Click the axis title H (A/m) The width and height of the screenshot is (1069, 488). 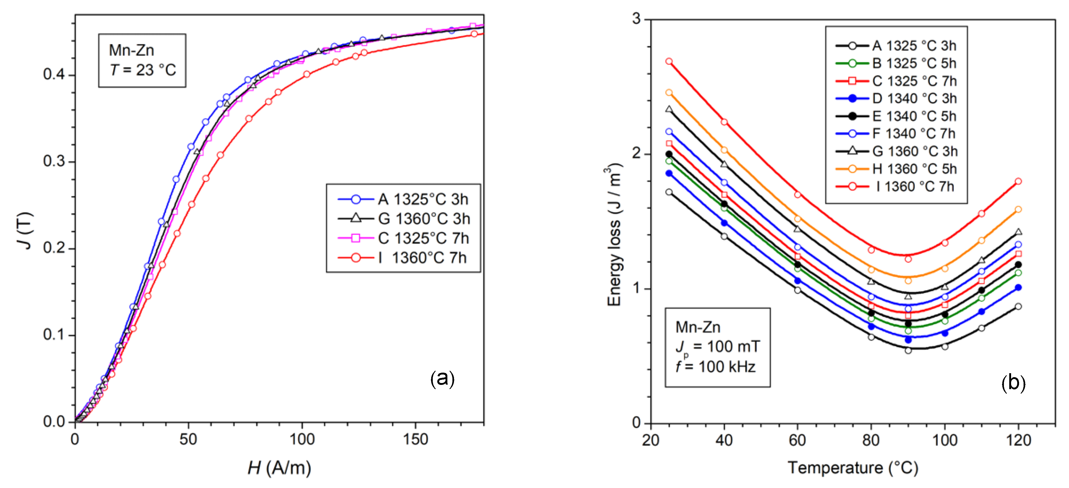click(x=279, y=468)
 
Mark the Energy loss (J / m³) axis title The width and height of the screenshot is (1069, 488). click(x=614, y=235)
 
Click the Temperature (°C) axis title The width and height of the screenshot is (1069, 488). click(x=852, y=468)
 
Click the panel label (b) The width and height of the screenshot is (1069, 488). click(x=1013, y=382)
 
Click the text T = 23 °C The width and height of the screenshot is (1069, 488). click(x=143, y=70)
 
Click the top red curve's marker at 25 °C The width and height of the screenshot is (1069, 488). click(x=669, y=61)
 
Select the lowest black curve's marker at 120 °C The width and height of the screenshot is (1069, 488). click(x=1018, y=306)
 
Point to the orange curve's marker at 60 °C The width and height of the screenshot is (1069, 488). click(x=797, y=219)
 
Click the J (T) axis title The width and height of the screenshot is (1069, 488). click(x=26, y=231)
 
